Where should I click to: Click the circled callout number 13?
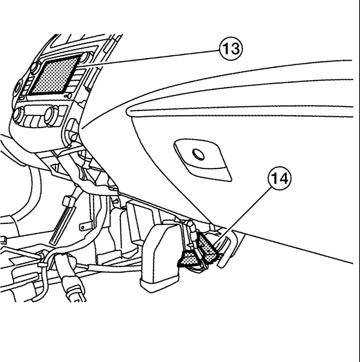(x=231, y=49)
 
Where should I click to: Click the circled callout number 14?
(x=279, y=179)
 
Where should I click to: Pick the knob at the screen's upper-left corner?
(x=35, y=68)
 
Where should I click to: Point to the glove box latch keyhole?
(x=198, y=154)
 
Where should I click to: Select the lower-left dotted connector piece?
(x=188, y=259)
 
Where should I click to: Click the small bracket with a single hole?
(x=86, y=227)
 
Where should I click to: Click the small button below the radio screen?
(x=68, y=96)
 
